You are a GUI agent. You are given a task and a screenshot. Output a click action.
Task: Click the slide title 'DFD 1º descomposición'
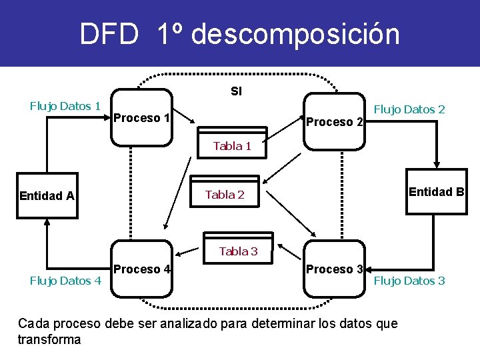(x=239, y=34)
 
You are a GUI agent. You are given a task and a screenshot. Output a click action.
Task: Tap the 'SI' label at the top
(x=236, y=91)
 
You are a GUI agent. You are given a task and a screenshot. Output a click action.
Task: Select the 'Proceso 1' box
(x=141, y=118)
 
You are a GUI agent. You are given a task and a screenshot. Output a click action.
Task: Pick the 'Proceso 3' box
(x=334, y=269)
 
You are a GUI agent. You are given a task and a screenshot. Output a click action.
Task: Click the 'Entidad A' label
(x=47, y=195)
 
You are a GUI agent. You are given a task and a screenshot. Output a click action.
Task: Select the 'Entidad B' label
(x=436, y=192)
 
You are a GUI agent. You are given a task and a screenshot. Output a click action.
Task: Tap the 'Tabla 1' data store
(x=232, y=146)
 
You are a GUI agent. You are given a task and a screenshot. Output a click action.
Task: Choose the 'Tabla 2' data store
(x=225, y=195)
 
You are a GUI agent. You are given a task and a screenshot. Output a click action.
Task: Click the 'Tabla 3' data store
(x=238, y=251)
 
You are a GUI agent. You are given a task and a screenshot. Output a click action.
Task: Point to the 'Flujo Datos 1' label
(x=65, y=105)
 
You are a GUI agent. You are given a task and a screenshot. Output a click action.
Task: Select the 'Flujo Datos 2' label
(x=409, y=109)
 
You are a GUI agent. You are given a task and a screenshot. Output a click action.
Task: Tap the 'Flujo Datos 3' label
(x=409, y=281)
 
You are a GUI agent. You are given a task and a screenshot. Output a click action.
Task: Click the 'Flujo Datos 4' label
(x=65, y=281)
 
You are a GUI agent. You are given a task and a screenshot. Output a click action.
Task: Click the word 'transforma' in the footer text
(x=49, y=339)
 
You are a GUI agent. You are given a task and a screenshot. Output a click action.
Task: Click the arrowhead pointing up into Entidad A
(x=47, y=224)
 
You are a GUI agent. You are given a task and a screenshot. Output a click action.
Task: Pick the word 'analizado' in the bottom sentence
(x=181, y=324)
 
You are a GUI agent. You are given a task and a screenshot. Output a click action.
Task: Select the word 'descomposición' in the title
(x=295, y=34)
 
